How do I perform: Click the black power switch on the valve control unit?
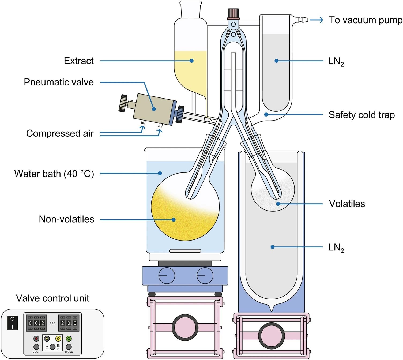(x=12, y=323)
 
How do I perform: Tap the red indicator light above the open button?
(x=36, y=339)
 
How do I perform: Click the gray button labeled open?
(x=36, y=347)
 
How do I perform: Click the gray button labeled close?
(x=69, y=347)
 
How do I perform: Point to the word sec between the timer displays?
(x=52, y=323)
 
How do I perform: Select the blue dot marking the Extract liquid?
(x=191, y=61)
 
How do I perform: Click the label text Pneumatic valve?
(x=59, y=82)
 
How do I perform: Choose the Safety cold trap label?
(x=361, y=115)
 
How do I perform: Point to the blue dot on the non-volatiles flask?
(x=174, y=220)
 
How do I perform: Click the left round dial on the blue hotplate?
(x=167, y=275)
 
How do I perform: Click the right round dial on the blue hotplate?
(x=205, y=275)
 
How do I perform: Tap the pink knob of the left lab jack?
(x=185, y=327)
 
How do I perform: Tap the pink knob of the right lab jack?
(x=271, y=336)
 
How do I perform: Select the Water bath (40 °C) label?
(x=54, y=174)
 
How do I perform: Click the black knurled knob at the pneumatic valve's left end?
(x=123, y=103)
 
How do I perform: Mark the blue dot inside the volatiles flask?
(x=278, y=204)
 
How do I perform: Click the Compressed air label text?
(x=60, y=133)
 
